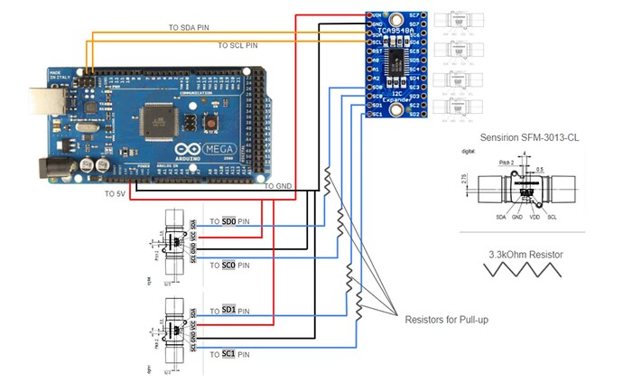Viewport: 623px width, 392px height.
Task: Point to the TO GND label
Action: tap(281, 186)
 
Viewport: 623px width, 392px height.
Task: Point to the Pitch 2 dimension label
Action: tap(507, 160)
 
